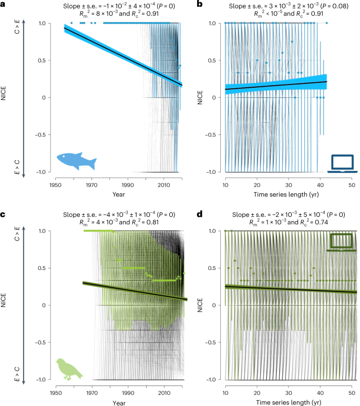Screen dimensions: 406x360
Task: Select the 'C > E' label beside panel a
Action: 16,32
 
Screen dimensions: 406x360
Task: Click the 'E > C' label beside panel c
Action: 16,371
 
